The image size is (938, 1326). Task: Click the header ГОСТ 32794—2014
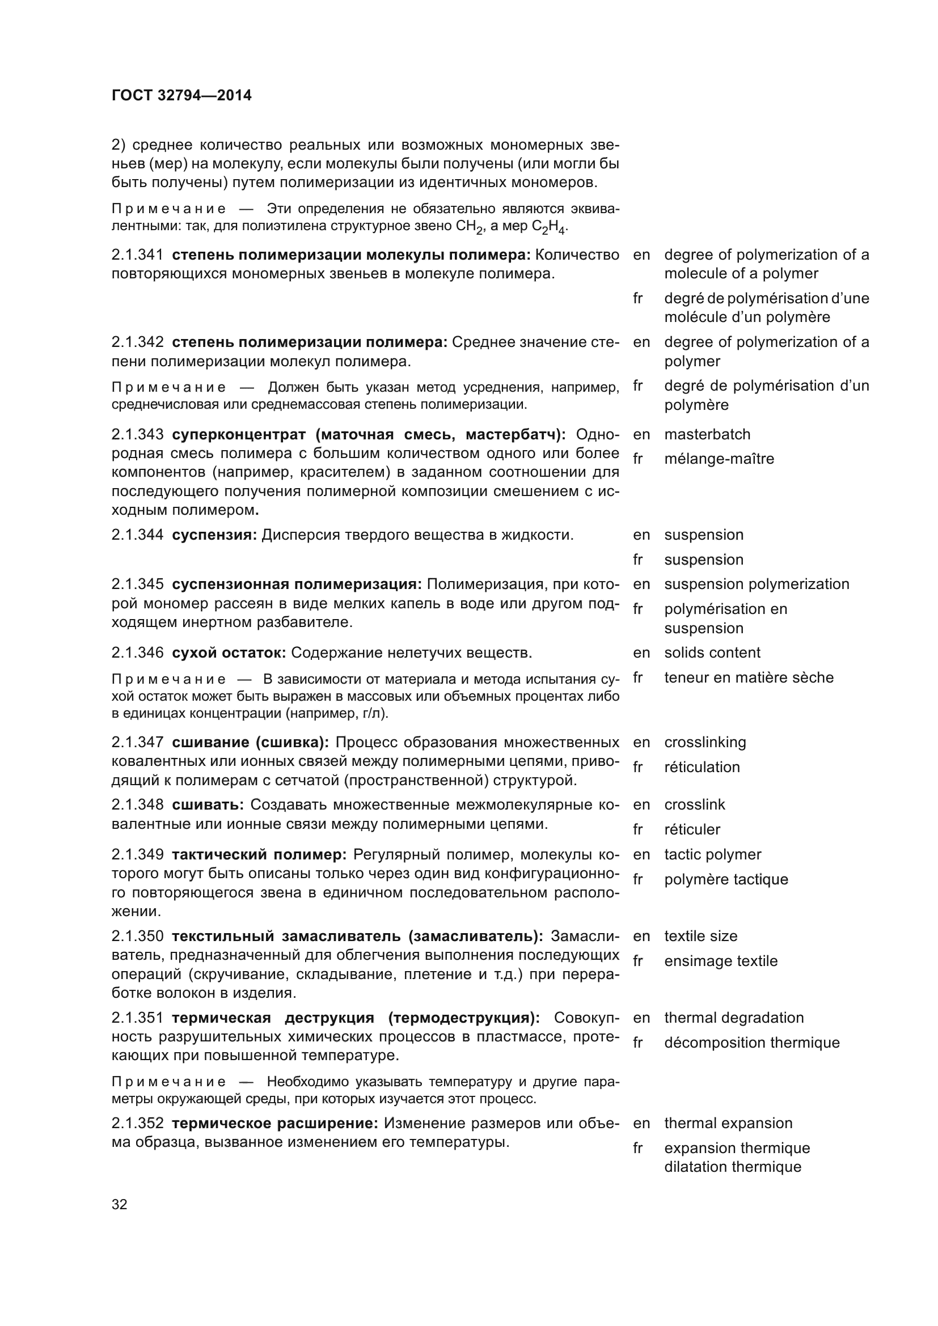click(181, 96)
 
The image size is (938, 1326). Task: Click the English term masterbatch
click(707, 434)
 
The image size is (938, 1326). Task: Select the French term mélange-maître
click(719, 459)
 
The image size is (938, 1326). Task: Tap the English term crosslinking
click(705, 742)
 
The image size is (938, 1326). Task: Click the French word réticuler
click(692, 829)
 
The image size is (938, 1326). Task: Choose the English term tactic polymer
click(713, 854)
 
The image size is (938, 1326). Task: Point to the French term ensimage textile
click(721, 961)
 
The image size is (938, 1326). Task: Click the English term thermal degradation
click(733, 1018)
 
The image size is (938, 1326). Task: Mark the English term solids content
click(712, 653)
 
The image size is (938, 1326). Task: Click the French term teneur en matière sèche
click(749, 677)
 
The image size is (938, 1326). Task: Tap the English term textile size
click(700, 936)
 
